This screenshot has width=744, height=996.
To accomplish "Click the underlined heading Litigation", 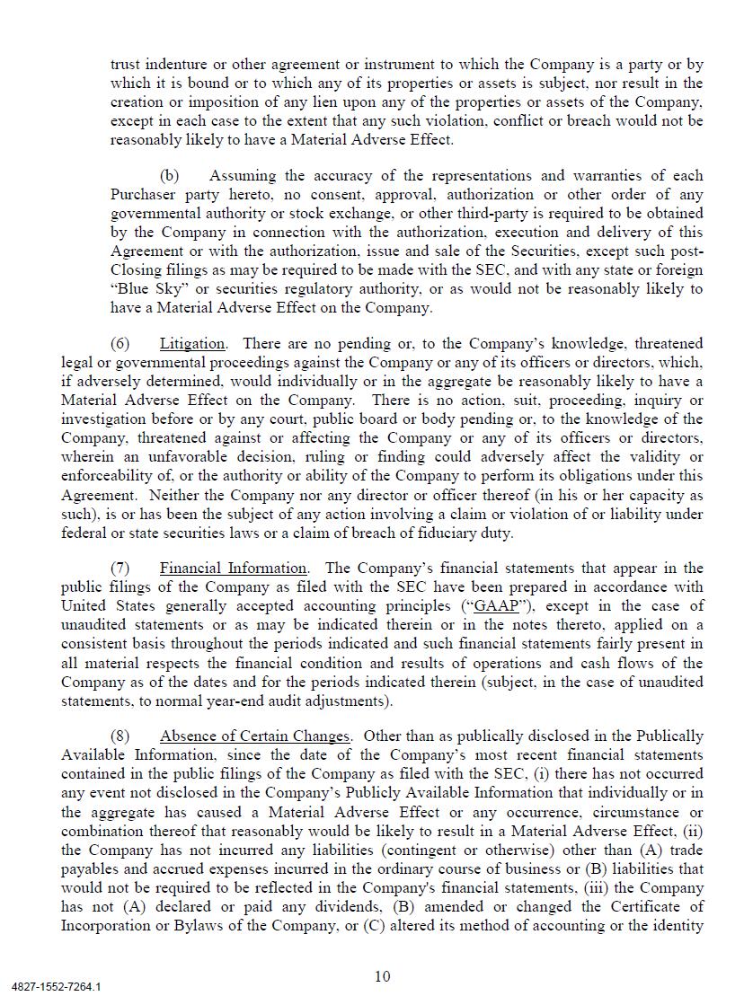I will pyautogui.click(x=192, y=344).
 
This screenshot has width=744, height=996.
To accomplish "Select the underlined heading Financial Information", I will pyautogui.click(x=234, y=569).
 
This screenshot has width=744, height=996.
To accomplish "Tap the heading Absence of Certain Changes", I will pyautogui.click(x=255, y=736).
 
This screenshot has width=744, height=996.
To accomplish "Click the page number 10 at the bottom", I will pyautogui.click(x=383, y=976).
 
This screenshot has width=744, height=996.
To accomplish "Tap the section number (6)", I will pyautogui.click(x=120, y=344).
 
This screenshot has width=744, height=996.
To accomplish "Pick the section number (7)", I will pyautogui.click(x=120, y=569).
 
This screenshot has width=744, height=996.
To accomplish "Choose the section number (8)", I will pyautogui.click(x=120, y=736).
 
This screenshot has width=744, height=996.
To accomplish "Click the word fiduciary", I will pyautogui.click(x=438, y=533).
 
